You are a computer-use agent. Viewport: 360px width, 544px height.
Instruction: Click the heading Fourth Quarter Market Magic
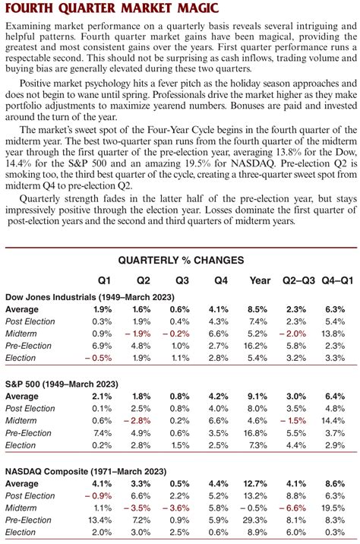(x=94, y=10)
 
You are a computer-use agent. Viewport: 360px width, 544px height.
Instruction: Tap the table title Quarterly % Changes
(x=180, y=260)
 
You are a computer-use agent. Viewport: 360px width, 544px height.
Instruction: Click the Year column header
(x=260, y=280)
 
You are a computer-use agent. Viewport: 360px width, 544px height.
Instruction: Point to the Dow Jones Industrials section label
(x=60, y=297)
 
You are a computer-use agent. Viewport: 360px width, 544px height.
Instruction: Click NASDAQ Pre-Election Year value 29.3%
(x=258, y=520)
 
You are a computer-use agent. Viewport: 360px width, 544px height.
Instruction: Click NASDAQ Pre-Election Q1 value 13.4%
(x=102, y=520)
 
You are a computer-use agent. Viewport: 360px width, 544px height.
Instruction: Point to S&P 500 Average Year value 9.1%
(x=260, y=397)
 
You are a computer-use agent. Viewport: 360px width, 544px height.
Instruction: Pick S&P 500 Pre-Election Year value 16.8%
(x=258, y=433)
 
